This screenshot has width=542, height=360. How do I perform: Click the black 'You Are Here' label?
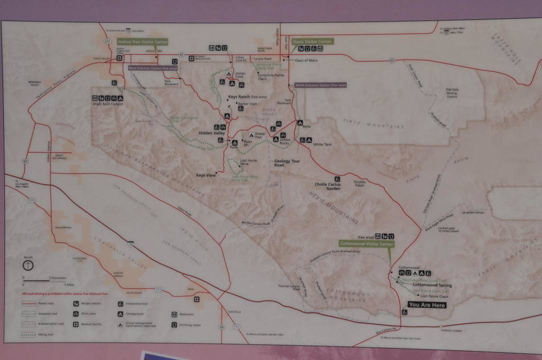click(x=426, y=304)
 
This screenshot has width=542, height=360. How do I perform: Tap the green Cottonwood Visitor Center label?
click(x=366, y=244)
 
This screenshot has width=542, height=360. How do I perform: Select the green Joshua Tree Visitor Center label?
click(x=142, y=42)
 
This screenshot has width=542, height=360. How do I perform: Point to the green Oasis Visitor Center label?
click(x=312, y=41)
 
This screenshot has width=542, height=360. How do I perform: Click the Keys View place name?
click(x=206, y=175)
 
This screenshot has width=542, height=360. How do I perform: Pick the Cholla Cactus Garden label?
click(x=327, y=186)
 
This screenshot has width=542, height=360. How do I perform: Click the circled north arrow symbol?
click(x=28, y=265)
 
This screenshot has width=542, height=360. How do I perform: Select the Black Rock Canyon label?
click(x=107, y=104)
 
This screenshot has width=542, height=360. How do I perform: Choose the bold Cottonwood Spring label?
click(x=432, y=285)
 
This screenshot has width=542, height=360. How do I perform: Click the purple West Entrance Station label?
click(x=153, y=68)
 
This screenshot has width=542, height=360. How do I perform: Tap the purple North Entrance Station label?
click(x=320, y=85)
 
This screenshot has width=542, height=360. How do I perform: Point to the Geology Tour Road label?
click(x=287, y=163)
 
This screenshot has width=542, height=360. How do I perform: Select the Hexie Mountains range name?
click(x=334, y=208)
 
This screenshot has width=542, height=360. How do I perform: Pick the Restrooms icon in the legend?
click(x=174, y=314)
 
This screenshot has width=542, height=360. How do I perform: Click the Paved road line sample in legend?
click(x=28, y=303)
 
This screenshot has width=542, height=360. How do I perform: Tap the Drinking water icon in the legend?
click(x=174, y=324)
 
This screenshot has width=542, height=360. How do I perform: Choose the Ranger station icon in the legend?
click(x=76, y=303)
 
